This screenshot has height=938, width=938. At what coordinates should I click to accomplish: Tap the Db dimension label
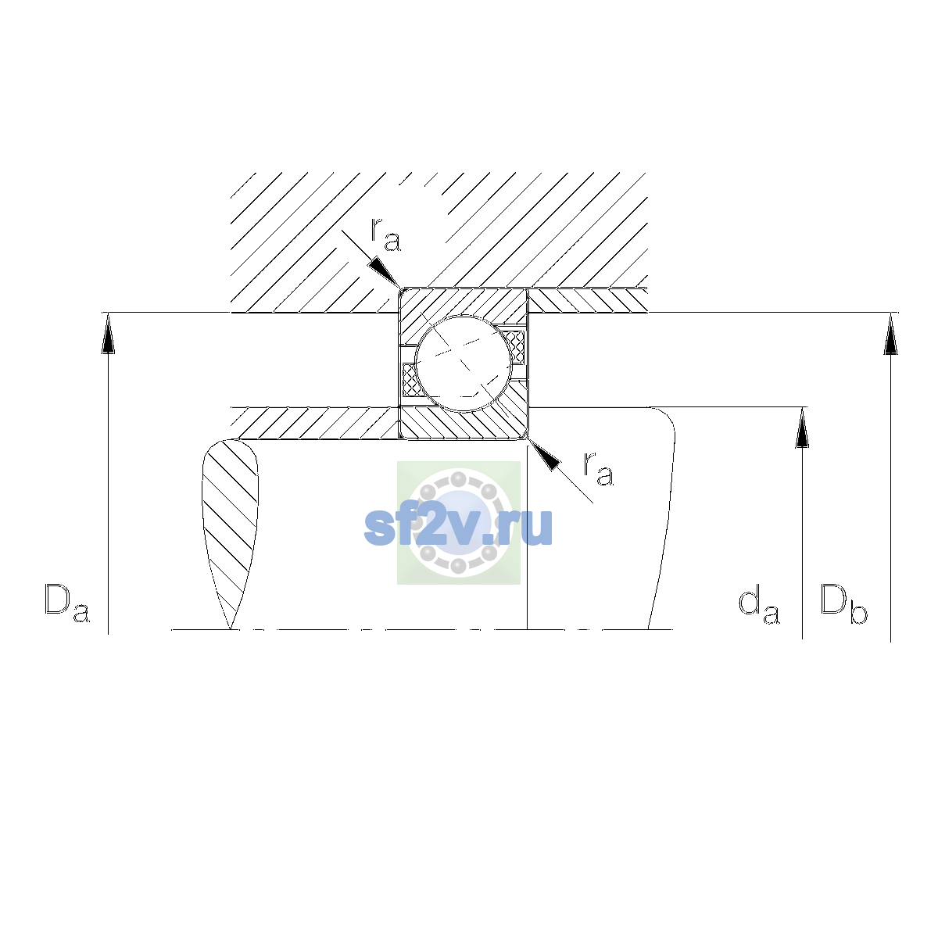pos(843,603)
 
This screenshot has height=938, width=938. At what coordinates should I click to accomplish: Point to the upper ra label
pos(385,234)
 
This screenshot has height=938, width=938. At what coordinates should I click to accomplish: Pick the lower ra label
pos(599,468)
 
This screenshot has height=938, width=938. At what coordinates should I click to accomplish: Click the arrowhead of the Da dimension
pos(108,333)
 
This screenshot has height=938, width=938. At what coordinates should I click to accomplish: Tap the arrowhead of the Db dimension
pos(891,333)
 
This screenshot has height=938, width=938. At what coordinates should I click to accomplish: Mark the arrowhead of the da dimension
pos(802,428)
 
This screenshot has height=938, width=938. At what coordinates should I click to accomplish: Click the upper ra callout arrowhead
pos(385,272)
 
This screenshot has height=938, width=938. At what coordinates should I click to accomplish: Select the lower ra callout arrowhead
pos(544,455)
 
